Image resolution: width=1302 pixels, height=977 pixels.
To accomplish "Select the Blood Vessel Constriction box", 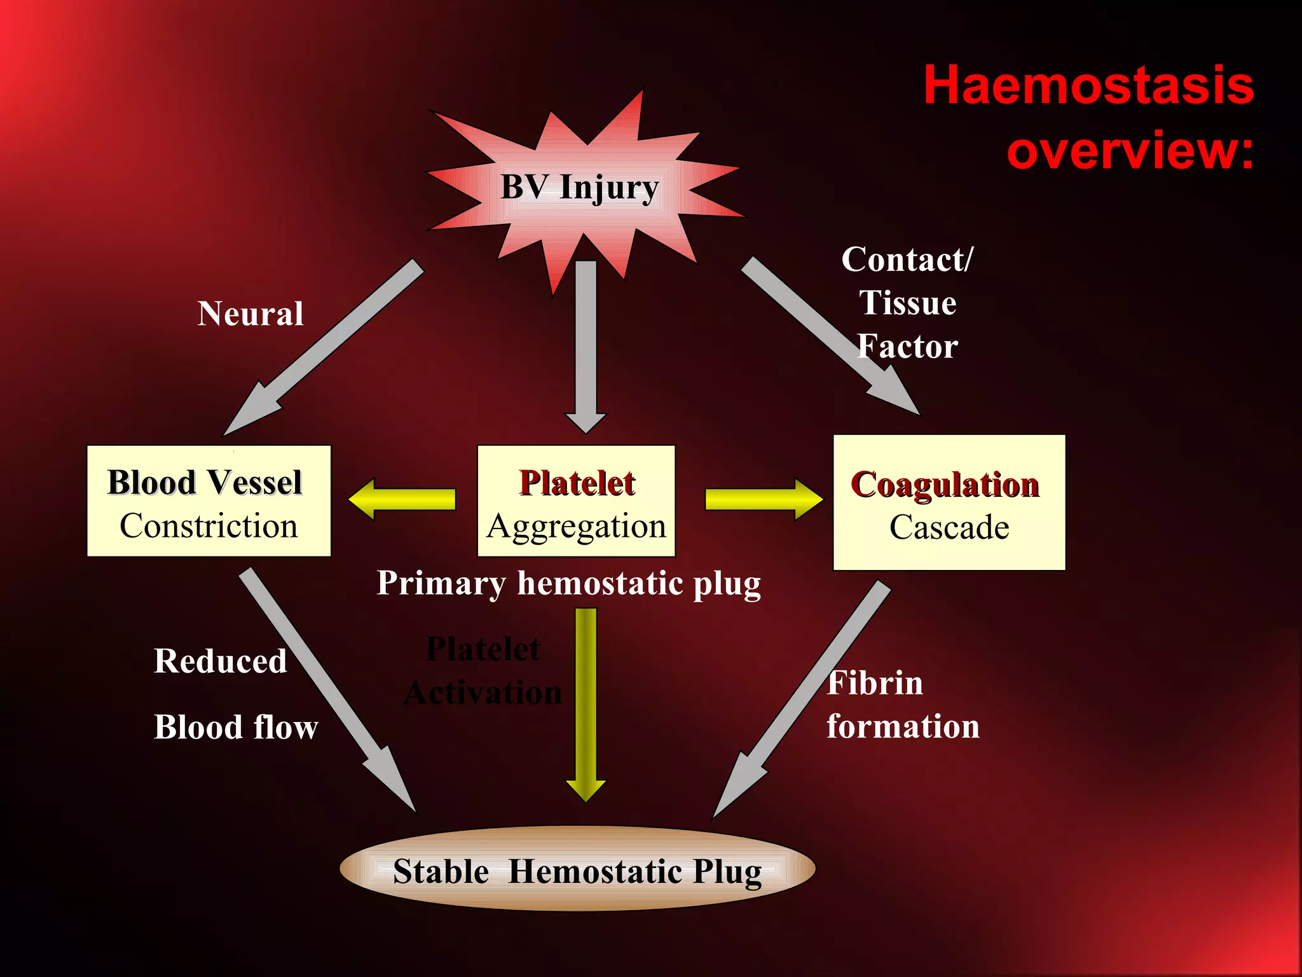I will [209, 501].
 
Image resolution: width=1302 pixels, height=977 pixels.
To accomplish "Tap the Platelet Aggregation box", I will [576, 501].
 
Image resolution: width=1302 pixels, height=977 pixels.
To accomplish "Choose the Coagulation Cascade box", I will [949, 502].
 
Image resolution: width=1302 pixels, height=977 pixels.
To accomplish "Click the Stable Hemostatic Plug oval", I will [577, 870].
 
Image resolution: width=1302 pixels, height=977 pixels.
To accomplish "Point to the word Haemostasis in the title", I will [1088, 85].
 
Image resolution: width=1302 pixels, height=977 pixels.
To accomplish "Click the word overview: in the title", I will [1130, 150].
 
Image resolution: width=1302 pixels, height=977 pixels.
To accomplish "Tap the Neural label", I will [250, 314].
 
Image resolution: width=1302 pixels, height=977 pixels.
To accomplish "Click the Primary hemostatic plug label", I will [568, 583].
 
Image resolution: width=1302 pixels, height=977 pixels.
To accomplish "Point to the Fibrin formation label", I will [903, 705].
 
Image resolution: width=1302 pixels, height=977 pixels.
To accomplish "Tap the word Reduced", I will [220, 661].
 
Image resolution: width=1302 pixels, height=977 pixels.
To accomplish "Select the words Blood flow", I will [236, 727].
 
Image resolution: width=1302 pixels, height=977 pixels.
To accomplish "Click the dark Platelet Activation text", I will [483, 671].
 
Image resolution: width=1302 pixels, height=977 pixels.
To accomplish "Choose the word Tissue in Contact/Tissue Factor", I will [908, 303].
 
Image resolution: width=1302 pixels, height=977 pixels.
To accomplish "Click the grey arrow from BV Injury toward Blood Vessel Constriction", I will [324, 347].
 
